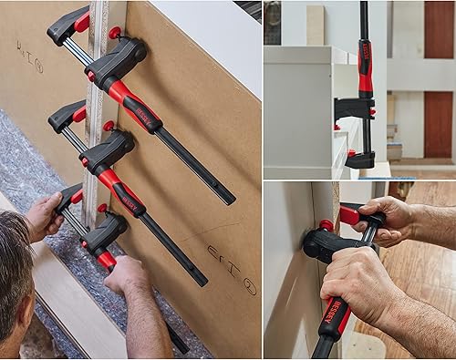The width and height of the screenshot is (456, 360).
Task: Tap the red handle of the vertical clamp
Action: pyautogui.click(x=365, y=68)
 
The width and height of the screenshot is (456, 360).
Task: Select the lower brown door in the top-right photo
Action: pyautogui.click(x=438, y=123)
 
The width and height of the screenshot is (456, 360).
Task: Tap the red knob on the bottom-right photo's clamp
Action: pyautogui.click(x=326, y=225)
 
